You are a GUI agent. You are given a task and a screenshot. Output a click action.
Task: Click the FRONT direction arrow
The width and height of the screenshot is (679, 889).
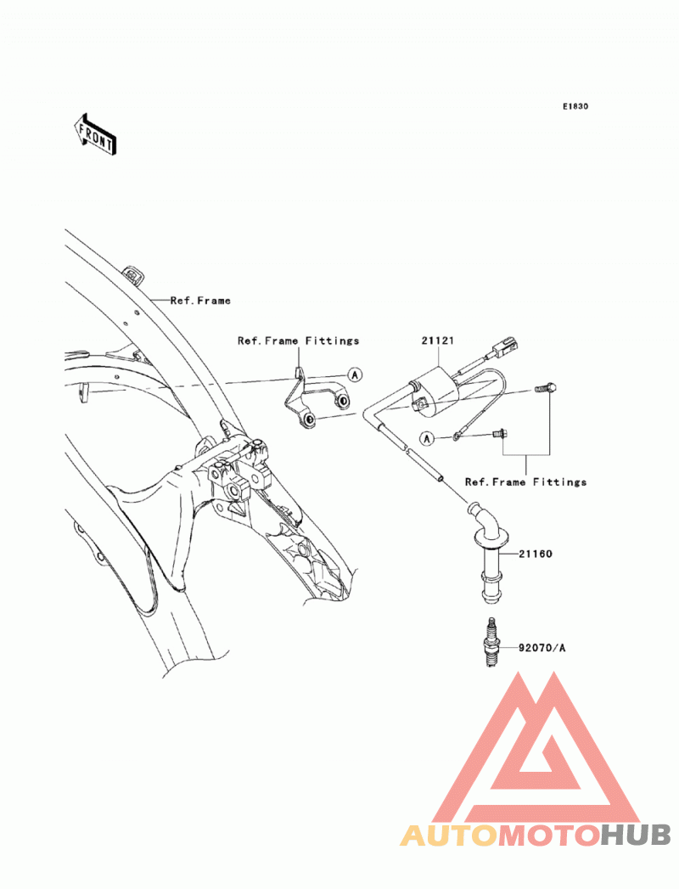(x=95, y=134)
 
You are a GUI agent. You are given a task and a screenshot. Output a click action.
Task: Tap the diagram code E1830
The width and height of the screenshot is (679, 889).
(x=575, y=106)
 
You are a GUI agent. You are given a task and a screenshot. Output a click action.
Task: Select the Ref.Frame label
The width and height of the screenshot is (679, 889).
(x=200, y=301)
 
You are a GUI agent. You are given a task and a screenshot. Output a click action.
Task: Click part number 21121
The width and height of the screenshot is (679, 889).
(x=438, y=340)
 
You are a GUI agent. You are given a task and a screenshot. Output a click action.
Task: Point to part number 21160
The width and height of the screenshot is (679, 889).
(x=536, y=554)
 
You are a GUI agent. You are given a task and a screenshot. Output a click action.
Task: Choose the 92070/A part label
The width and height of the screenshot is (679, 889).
(x=542, y=648)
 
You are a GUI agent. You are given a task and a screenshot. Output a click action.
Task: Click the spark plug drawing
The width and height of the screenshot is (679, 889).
(x=491, y=643)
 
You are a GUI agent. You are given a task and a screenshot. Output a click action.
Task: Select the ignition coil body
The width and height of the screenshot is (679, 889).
(x=437, y=391)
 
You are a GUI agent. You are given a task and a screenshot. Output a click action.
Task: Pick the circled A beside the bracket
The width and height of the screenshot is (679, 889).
(x=355, y=374)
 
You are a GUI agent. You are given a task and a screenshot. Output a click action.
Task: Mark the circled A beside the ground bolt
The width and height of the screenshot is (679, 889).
(x=428, y=438)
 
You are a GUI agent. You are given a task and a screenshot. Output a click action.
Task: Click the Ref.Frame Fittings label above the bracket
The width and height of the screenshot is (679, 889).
(x=298, y=340)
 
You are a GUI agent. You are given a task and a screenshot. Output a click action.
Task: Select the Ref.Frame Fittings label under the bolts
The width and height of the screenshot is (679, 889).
(x=525, y=482)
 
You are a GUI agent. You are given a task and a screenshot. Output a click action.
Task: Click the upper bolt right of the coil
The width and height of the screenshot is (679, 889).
(x=545, y=389)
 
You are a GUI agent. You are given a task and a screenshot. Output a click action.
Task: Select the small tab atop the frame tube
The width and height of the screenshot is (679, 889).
(x=134, y=274)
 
